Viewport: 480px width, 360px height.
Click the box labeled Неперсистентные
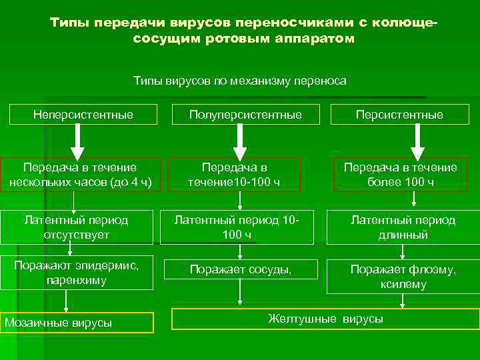click(x=83, y=115)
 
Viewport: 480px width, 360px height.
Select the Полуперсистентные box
click(x=245, y=115)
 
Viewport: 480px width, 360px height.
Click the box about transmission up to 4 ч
click(x=79, y=175)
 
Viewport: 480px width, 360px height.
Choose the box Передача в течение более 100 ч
click(x=400, y=175)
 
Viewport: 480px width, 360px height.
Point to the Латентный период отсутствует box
click(x=76, y=227)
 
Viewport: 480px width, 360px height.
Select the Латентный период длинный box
click(x=403, y=227)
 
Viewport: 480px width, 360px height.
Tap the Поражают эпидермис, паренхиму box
click(x=76, y=273)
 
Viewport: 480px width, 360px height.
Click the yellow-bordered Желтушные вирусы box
click(x=325, y=319)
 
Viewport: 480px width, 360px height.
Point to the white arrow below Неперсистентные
click(x=77, y=141)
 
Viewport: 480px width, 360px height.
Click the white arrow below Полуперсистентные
click(x=240, y=141)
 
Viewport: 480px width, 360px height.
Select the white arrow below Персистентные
click(x=418, y=141)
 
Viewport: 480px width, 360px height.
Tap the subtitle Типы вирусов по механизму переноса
click(x=240, y=81)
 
